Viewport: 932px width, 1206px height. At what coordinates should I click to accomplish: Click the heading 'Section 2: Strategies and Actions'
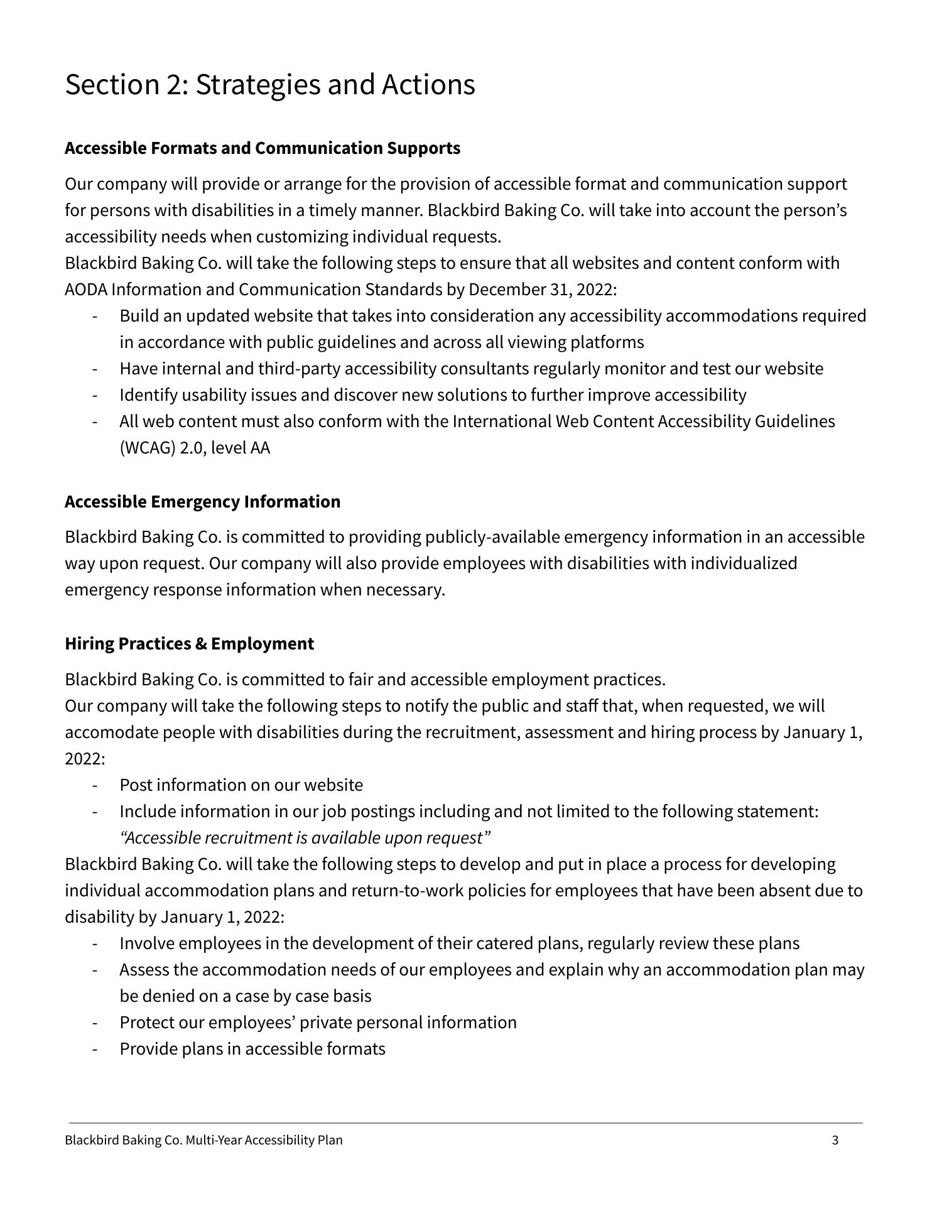[x=270, y=85]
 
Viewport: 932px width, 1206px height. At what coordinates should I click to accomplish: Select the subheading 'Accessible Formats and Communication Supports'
[x=263, y=148]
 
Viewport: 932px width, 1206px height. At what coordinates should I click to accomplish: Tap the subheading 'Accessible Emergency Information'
[x=202, y=502]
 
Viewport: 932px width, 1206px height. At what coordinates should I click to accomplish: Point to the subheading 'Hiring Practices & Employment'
[x=189, y=644]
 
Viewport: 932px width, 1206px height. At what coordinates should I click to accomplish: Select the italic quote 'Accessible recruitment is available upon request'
[x=305, y=838]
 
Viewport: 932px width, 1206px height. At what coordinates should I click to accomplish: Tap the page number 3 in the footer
[x=835, y=1140]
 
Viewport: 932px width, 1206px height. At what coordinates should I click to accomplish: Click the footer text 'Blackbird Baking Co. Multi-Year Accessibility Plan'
[x=203, y=1140]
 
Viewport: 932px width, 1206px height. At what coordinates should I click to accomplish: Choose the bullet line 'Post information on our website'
[x=241, y=785]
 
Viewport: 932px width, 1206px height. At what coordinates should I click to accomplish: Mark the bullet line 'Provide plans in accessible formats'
[x=252, y=1049]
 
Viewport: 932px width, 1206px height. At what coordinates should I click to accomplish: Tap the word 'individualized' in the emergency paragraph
[x=744, y=563]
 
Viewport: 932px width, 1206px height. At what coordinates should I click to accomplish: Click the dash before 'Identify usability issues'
[x=95, y=395]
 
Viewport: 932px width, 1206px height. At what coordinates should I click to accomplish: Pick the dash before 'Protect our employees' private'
[x=95, y=1023]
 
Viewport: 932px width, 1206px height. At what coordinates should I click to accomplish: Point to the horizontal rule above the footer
[x=465, y=1122]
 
